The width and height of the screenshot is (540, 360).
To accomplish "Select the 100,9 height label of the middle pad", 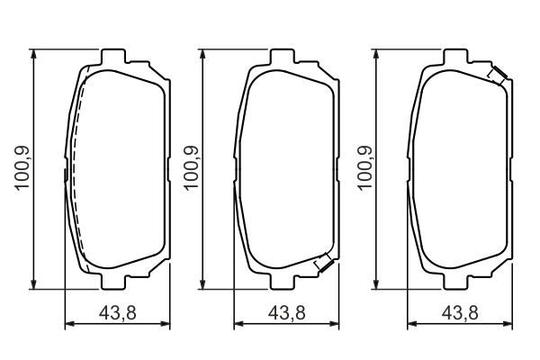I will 191,166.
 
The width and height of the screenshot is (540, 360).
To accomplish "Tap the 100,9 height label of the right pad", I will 364,166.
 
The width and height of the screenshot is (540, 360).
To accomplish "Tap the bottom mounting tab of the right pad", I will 458,281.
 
